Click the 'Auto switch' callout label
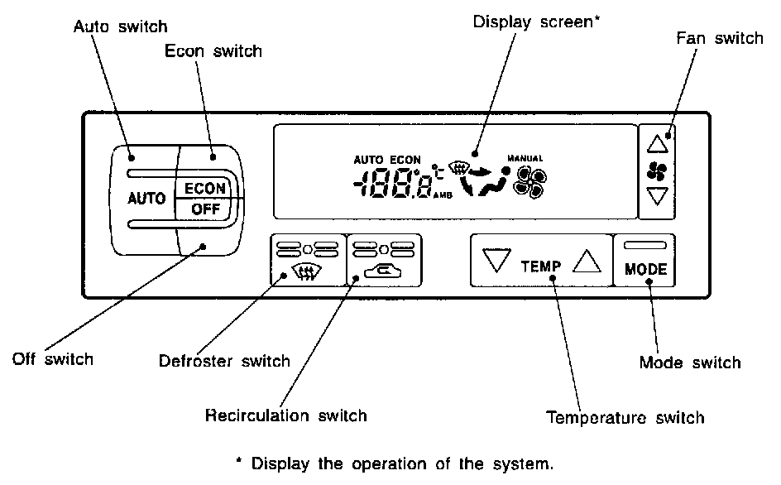[x=120, y=26]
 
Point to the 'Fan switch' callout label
[x=719, y=38]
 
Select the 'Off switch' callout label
[x=52, y=359]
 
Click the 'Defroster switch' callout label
[x=224, y=361]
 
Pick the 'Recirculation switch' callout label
[x=285, y=414]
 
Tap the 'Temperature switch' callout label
[x=625, y=417]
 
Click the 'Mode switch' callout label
[x=690, y=363]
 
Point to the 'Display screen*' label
[x=536, y=22]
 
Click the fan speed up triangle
[x=656, y=144]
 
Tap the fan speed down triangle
[x=656, y=196]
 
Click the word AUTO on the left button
[x=146, y=199]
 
